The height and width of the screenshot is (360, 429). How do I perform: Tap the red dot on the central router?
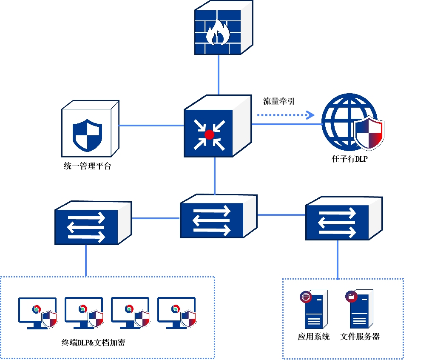tap(209, 135)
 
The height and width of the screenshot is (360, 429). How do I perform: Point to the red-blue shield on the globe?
tap(369, 133)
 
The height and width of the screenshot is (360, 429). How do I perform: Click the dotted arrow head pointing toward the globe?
tap(311, 115)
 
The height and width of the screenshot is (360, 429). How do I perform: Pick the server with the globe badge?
tap(315, 309)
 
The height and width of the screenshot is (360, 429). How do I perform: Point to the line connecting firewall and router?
tap(219, 74)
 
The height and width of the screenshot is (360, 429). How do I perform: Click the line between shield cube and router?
tap(151, 126)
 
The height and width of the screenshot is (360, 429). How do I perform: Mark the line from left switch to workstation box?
tap(86, 260)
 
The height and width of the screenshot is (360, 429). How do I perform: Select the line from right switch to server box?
tap(338, 260)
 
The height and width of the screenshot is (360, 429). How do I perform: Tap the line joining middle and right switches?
tap(281, 215)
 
